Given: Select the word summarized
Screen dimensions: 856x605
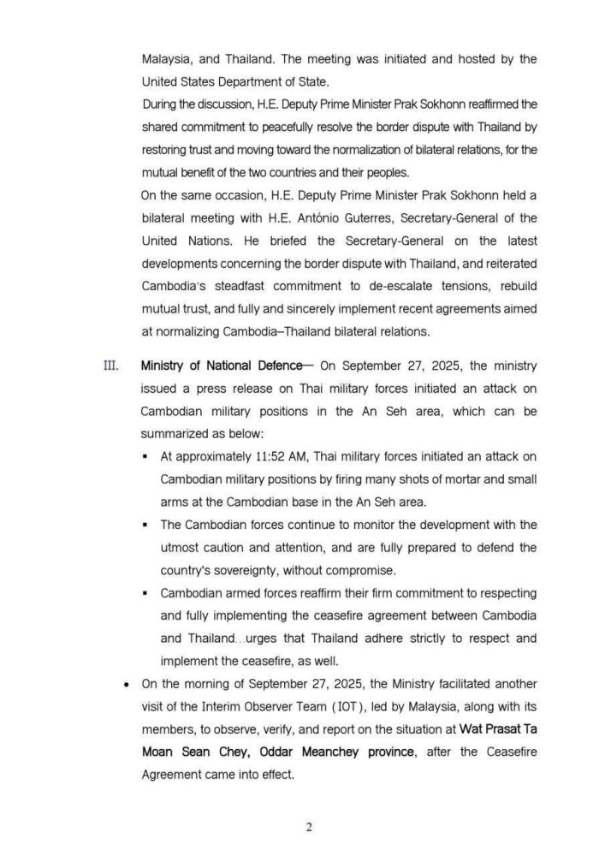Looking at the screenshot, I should coord(179,434).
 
